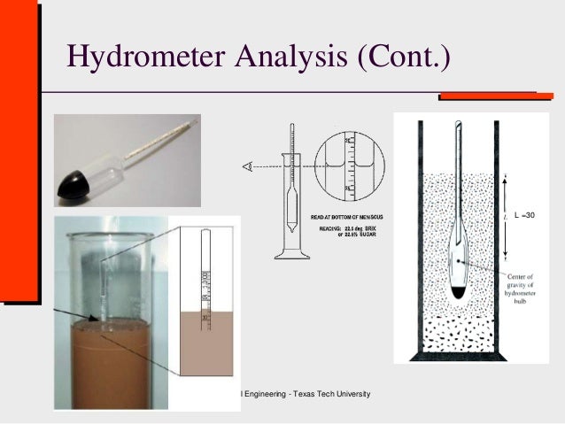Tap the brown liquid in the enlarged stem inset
point(205,345)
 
